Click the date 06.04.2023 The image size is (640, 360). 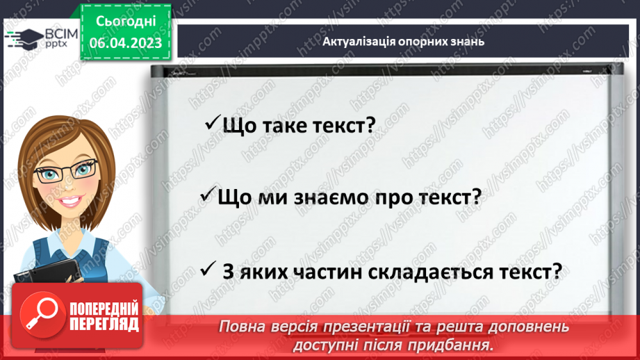[126, 42]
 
